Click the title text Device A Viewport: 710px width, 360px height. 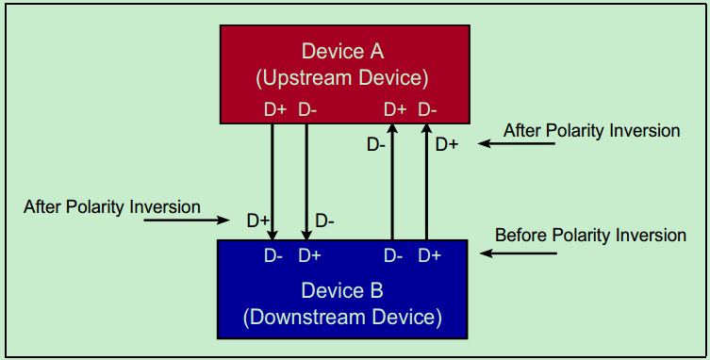343,50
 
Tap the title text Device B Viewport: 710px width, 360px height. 343,290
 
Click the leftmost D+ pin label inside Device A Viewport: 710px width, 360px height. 274,109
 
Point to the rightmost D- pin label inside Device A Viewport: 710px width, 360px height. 428,109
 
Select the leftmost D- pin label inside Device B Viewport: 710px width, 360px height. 273,255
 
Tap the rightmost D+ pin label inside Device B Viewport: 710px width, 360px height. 430,255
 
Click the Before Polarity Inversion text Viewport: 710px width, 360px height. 590,235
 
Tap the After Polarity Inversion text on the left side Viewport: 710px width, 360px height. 112,205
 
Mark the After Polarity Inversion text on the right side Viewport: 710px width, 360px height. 592,130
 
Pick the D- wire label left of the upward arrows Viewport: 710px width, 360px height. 375,144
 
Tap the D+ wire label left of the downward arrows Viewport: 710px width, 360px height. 258,221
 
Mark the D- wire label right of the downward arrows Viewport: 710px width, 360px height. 325,221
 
